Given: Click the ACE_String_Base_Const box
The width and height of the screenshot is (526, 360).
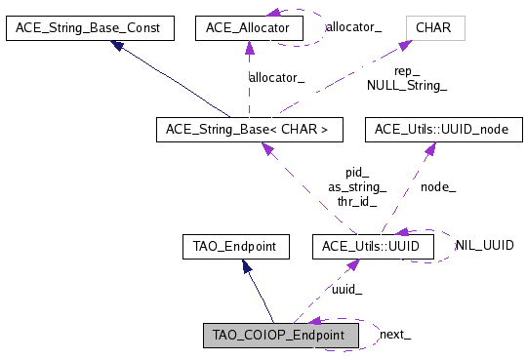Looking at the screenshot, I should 90,28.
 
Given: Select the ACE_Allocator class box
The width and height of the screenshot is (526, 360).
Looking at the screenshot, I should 249,28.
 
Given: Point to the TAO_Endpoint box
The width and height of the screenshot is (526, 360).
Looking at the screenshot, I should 235,247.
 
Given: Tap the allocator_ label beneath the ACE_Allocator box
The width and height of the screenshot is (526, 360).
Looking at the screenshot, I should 276,76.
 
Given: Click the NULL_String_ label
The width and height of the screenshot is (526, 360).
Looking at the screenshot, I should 406,86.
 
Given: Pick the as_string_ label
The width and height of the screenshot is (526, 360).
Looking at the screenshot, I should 356,187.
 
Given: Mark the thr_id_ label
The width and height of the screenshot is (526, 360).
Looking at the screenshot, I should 356,202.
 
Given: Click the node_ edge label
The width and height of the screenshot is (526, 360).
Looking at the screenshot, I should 437,187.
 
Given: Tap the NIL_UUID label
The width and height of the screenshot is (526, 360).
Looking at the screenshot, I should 484,245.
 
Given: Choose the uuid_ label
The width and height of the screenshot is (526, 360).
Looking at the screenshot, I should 346,290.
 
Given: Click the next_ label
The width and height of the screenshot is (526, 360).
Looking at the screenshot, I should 394,334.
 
